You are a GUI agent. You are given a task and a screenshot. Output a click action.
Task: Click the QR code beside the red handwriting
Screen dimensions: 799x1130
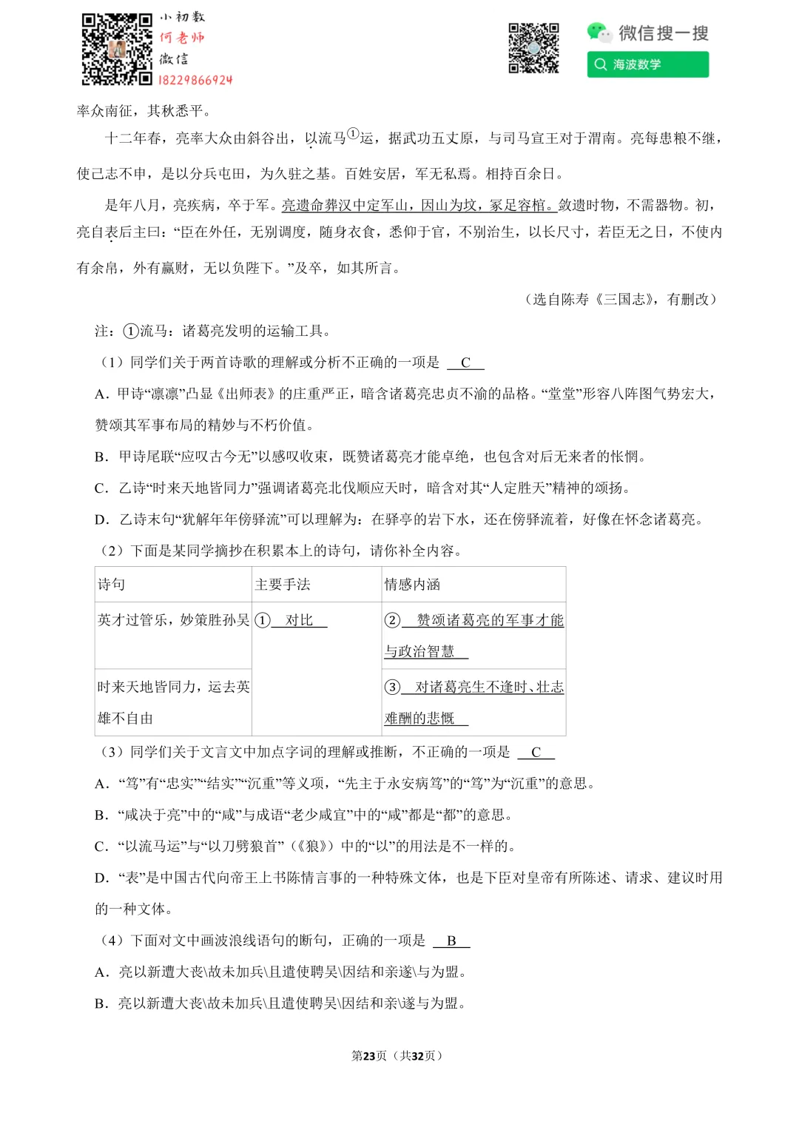point(117,49)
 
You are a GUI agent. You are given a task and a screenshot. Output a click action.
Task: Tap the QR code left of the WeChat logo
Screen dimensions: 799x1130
point(533,49)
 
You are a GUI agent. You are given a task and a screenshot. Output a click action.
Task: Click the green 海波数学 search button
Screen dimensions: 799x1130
point(647,64)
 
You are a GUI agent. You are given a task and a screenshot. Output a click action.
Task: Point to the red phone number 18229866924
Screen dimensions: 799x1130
point(195,80)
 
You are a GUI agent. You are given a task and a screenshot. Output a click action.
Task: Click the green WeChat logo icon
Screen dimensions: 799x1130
point(599,32)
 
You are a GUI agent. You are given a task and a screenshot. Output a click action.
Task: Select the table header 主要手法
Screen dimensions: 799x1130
point(283,585)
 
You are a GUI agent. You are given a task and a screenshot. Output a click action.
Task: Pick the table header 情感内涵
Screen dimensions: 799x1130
point(412,585)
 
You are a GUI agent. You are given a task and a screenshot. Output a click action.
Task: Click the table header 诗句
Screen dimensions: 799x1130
point(112,585)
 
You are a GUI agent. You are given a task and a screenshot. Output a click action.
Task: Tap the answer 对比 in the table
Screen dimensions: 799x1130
point(299,620)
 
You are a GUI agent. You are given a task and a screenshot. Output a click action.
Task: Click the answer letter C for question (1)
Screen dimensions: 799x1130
point(465,363)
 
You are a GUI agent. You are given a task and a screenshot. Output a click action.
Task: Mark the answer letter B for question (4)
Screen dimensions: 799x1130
point(451,941)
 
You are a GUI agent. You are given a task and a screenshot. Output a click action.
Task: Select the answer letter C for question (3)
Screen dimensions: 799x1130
point(536,752)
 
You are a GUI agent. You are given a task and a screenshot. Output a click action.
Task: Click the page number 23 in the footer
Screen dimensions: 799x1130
point(369,1056)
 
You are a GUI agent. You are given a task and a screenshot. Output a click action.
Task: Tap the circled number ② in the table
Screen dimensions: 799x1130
point(392,620)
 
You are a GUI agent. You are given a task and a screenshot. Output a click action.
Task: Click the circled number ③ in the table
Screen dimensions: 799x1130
point(392,687)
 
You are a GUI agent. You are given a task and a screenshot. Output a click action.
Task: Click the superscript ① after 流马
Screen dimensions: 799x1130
point(353,134)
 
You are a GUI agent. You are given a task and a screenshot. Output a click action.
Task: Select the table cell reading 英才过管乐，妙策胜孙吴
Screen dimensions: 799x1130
point(173,620)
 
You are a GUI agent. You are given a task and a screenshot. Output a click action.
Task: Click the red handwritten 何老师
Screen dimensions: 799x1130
point(182,38)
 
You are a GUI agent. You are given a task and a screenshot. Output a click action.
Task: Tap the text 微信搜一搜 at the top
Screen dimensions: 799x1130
point(664,33)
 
